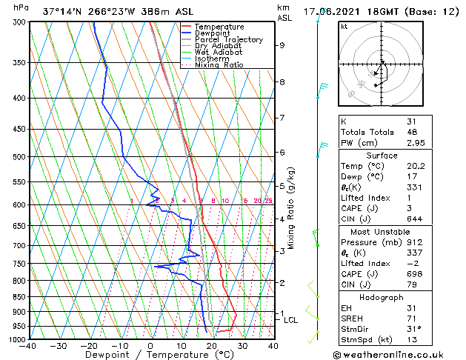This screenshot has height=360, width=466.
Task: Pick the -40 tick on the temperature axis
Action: point(28,346)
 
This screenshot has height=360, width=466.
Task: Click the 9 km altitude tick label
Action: point(282,45)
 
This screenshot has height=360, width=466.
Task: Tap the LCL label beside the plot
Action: point(290,320)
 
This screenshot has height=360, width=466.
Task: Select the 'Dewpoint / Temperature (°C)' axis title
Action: point(150,355)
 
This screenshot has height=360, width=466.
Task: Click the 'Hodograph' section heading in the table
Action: point(382,297)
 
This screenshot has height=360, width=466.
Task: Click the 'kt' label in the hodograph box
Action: point(344,27)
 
